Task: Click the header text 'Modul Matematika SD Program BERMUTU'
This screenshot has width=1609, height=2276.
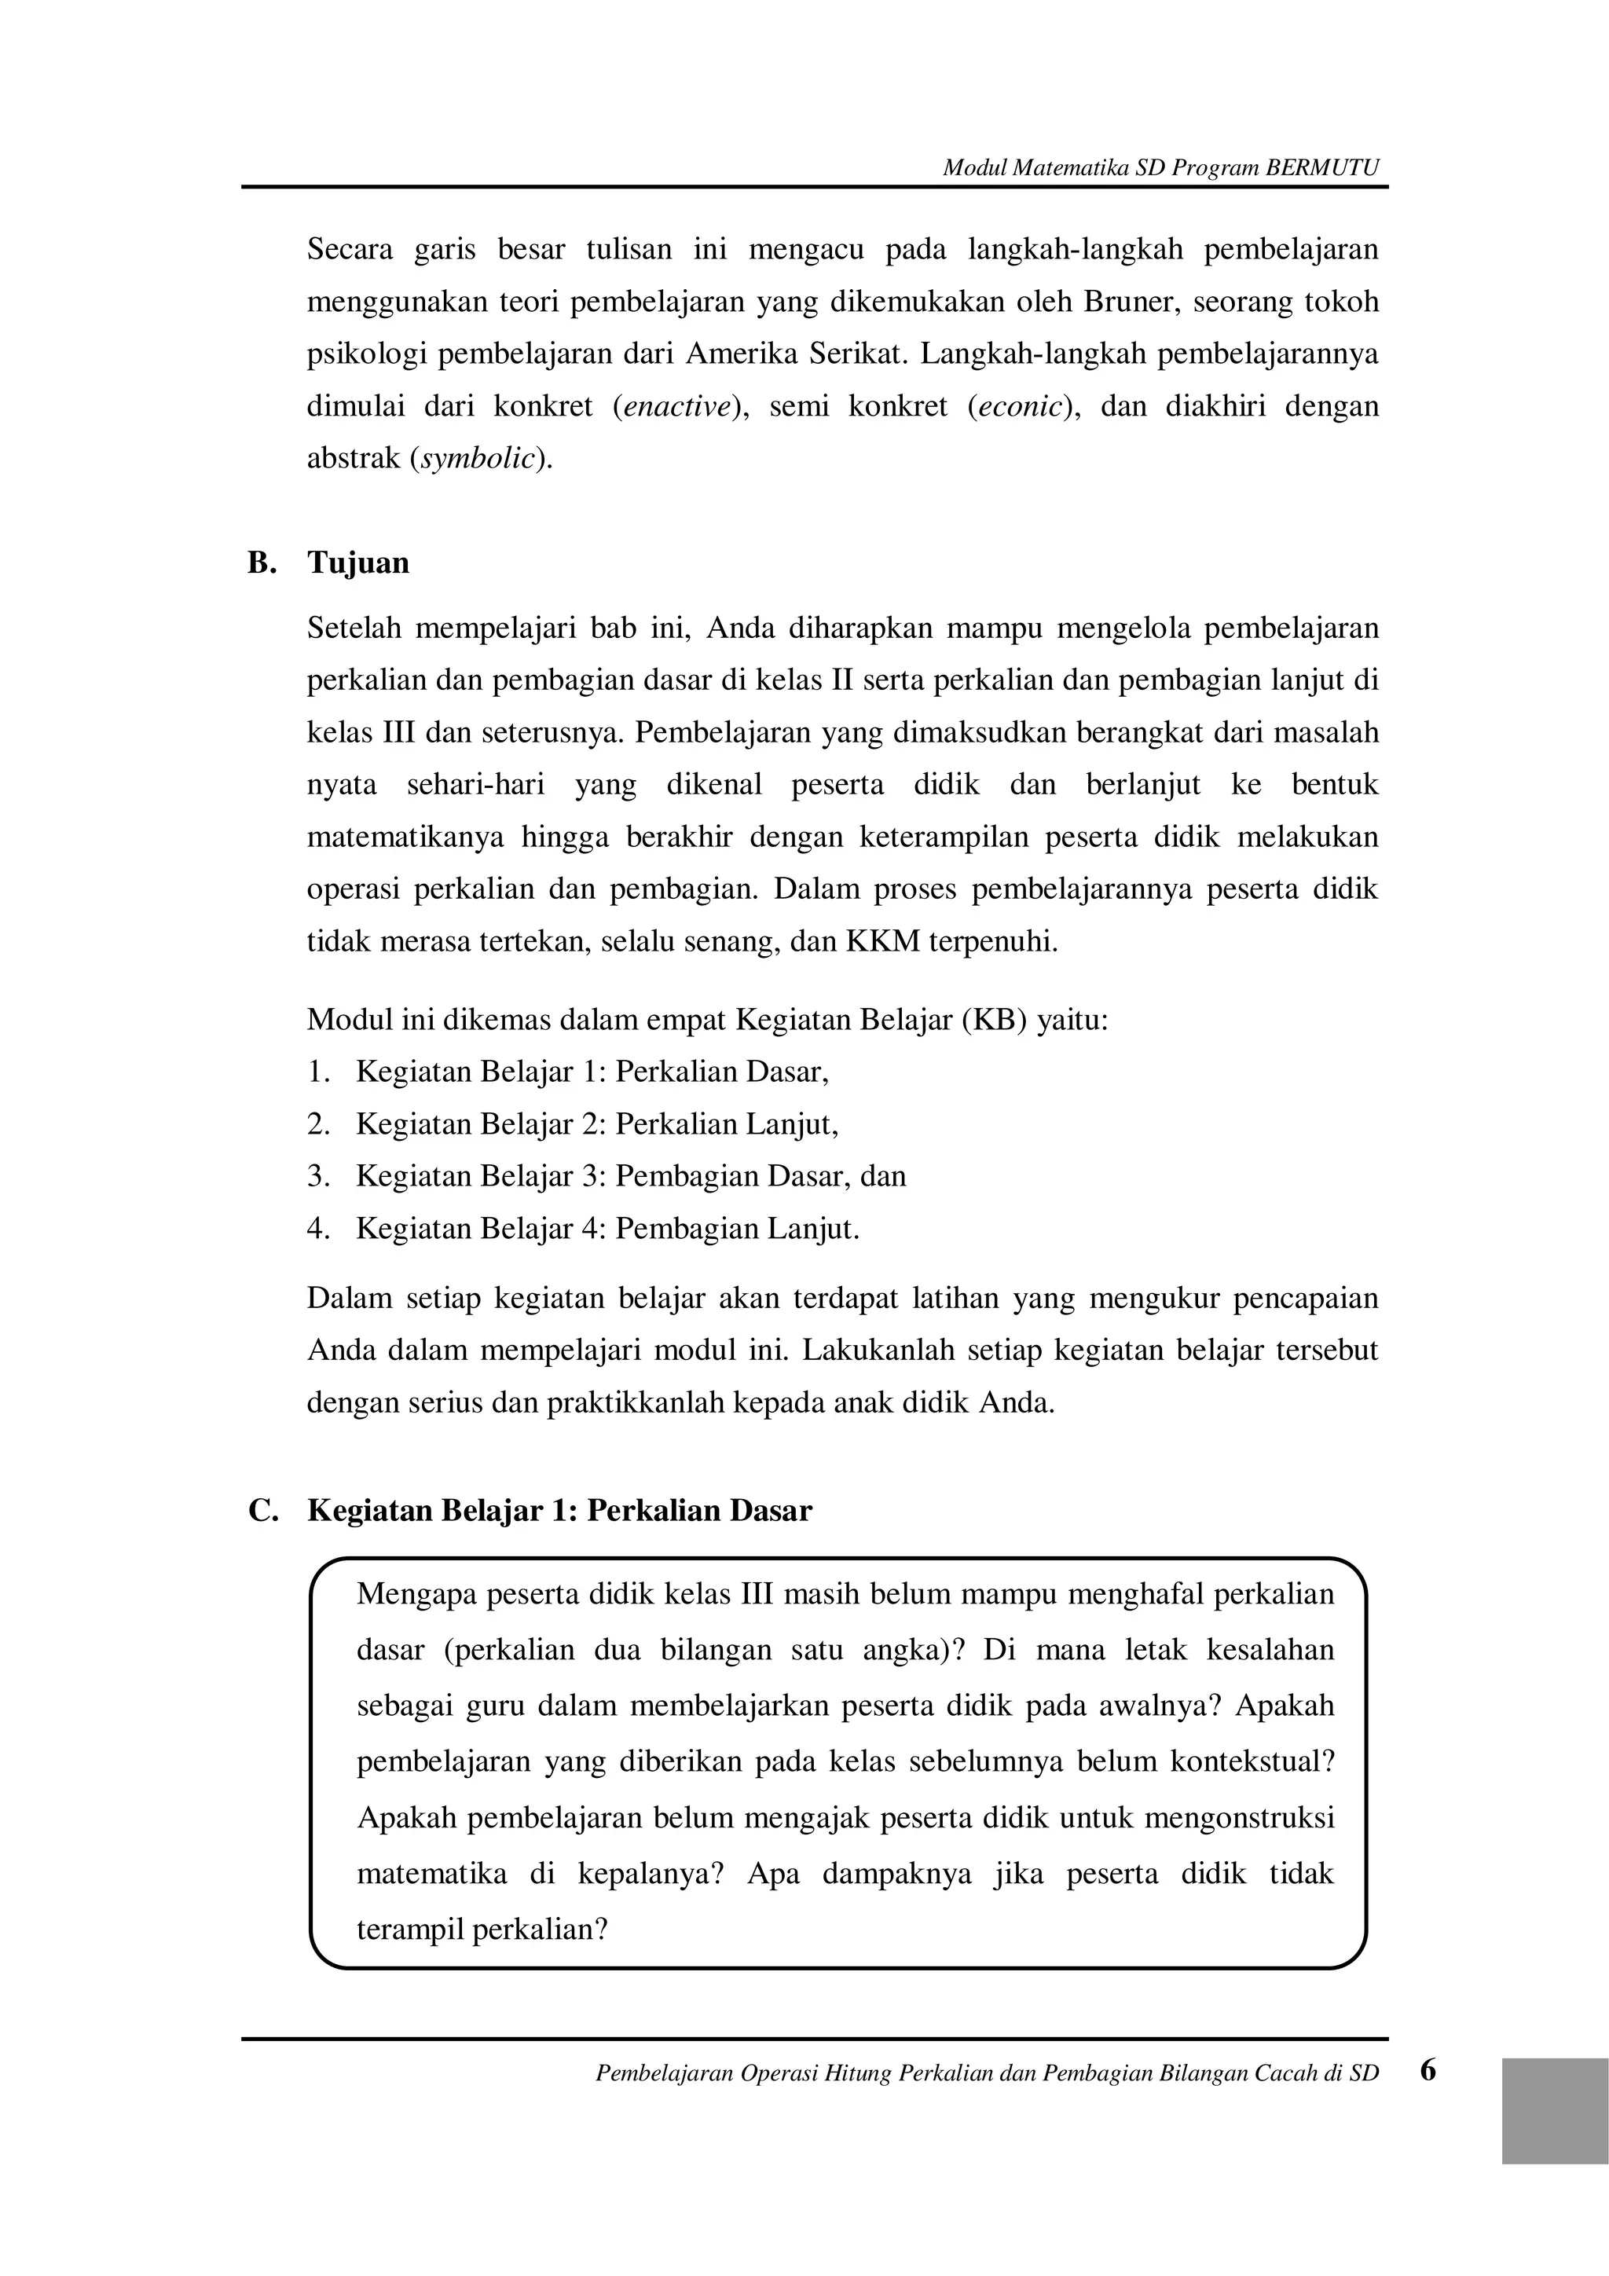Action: [x=1160, y=167]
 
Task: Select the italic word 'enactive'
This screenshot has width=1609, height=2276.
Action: [x=677, y=406]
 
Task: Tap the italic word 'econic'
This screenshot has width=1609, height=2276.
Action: [x=1020, y=406]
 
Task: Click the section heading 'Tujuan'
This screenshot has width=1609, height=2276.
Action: [x=358, y=563]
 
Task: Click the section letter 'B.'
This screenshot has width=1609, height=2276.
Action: [x=261, y=563]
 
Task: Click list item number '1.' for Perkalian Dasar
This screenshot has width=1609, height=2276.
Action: [x=317, y=1072]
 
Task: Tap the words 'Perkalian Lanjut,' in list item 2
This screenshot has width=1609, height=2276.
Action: [x=727, y=1124]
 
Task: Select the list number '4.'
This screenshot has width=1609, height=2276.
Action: [x=317, y=1230]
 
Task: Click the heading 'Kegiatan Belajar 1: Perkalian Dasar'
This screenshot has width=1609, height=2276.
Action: [x=559, y=1511]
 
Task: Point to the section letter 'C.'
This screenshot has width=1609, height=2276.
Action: [x=262, y=1511]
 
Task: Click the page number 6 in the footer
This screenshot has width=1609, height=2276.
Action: [x=1428, y=2070]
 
